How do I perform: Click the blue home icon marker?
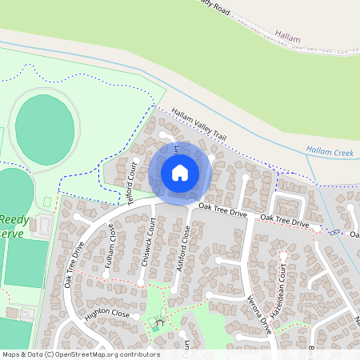coord(180,173)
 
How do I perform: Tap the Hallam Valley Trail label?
coord(198,126)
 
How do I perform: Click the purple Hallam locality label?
coord(286,36)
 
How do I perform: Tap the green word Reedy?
coord(14,218)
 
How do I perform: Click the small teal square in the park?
coord(155,329)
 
